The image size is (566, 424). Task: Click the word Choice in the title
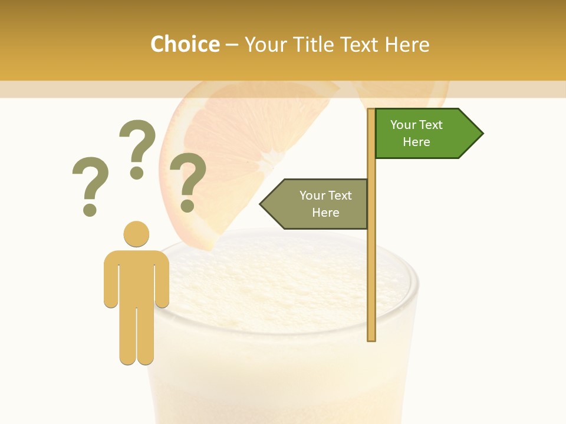[185, 44]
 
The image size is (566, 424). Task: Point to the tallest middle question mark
[137, 147]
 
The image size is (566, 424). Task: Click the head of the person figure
[136, 234]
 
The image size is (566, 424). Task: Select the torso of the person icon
[136, 277]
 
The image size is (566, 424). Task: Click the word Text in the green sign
[430, 125]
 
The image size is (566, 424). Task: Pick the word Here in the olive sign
[325, 213]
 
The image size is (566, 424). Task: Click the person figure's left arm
[110, 283]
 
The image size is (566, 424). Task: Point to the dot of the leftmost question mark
[90, 210]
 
